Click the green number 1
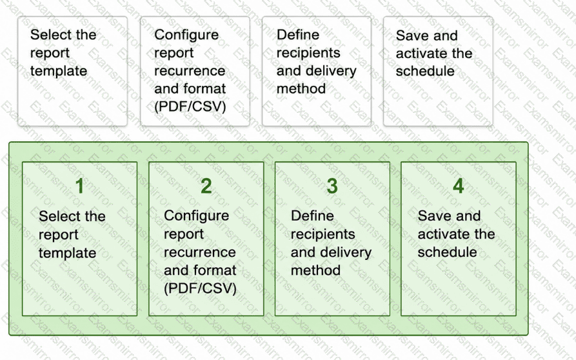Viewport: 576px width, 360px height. (x=80, y=186)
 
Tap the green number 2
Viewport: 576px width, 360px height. (x=206, y=186)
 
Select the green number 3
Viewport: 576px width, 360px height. (x=332, y=186)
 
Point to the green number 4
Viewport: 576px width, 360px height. (x=458, y=186)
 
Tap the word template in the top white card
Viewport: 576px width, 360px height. (x=59, y=71)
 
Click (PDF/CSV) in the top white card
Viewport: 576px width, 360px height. (x=190, y=106)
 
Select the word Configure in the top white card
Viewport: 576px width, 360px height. (x=186, y=35)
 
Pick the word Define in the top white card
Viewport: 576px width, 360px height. (x=298, y=35)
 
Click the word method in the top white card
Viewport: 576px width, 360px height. (x=301, y=88)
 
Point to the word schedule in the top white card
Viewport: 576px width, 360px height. (x=425, y=71)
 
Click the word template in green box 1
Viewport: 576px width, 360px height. (x=68, y=253)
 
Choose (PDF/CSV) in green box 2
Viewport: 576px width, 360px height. (x=200, y=288)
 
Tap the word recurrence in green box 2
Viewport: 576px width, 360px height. (x=200, y=252)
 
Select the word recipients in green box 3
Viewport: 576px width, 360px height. (x=323, y=234)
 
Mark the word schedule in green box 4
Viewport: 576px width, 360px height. (x=447, y=252)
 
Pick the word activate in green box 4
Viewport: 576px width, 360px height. (x=442, y=234)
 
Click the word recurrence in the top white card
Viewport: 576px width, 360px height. (x=190, y=71)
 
